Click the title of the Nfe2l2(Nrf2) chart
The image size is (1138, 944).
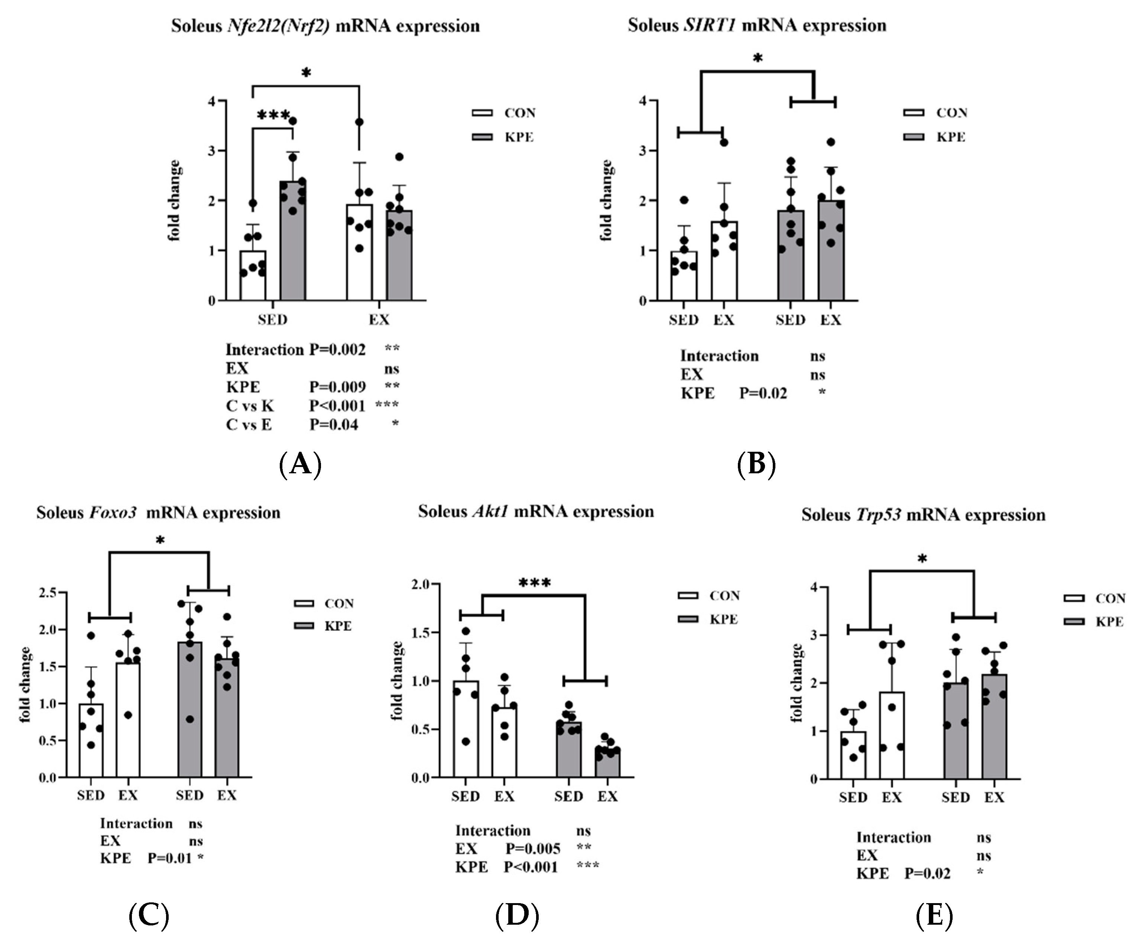pyautogui.click(x=325, y=26)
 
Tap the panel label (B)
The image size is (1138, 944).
pyautogui.click(x=756, y=464)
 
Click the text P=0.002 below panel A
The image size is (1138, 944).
pyautogui.click(x=337, y=350)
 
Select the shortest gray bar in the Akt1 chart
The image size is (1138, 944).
pyautogui.click(x=607, y=763)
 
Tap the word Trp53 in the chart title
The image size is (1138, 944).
pyautogui.click(x=878, y=514)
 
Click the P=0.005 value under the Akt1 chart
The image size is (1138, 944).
pyautogui.click(x=533, y=849)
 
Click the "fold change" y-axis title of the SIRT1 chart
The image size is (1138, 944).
pyautogui.click(x=606, y=201)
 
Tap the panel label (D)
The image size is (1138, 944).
pyautogui.click(x=517, y=915)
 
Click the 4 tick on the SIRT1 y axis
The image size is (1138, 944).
pyautogui.click(x=643, y=101)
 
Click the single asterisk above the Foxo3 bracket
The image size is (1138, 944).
pyautogui.click(x=160, y=540)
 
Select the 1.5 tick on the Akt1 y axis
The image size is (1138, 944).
pyautogui.click(x=421, y=632)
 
